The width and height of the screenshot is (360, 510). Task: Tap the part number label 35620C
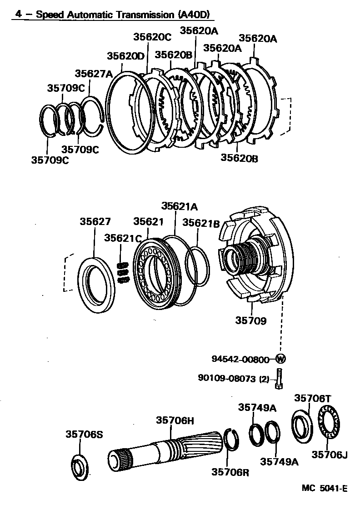(x=152, y=37)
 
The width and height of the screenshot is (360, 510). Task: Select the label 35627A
(x=94, y=74)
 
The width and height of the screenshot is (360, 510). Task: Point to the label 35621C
(x=122, y=238)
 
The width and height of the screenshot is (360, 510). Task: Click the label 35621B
(x=201, y=223)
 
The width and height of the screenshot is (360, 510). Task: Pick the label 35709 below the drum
(x=250, y=320)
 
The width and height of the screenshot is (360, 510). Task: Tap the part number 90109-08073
(x=227, y=378)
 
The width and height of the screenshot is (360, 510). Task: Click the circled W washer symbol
(x=281, y=359)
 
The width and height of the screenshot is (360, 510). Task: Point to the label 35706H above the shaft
(x=175, y=420)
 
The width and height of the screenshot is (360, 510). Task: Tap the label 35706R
(x=230, y=472)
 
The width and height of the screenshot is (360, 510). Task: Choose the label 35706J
(x=330, y=455)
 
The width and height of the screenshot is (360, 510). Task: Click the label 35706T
(x=313, y=398)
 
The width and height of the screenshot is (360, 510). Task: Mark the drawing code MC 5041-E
(x=325, y=489)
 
